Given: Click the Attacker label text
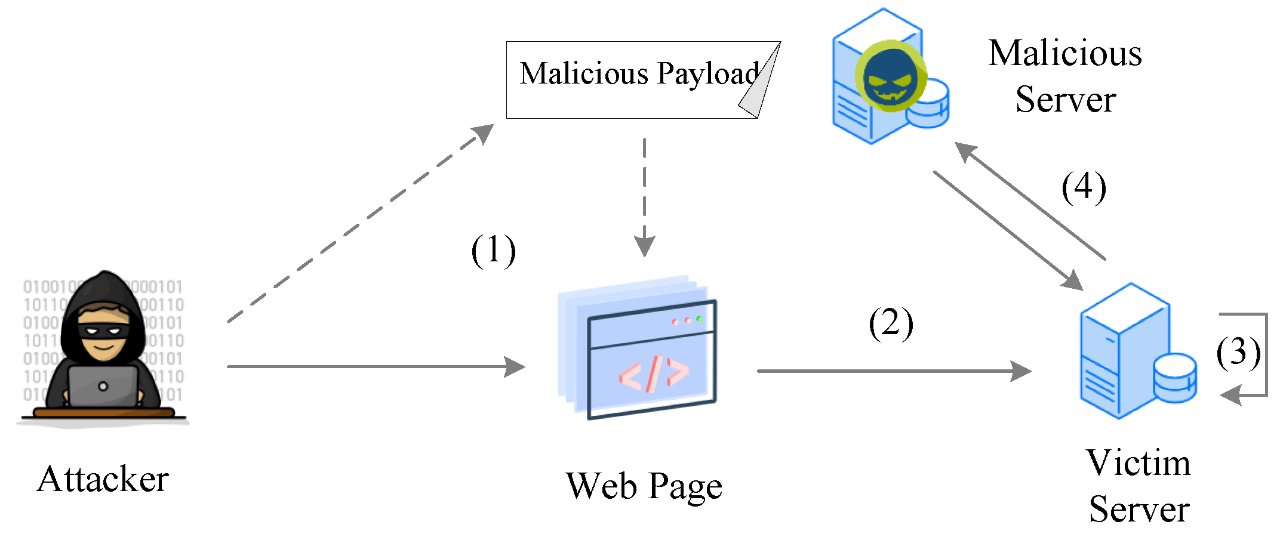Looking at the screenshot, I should pos(103,479).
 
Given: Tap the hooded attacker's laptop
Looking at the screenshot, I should pos(103,387).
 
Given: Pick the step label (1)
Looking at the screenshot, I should pos(493,251).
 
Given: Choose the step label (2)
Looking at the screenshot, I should pos(891,324).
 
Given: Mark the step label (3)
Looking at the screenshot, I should pos(1238,352).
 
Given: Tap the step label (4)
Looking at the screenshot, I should pos(1084,187).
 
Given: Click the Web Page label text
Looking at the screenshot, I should pos(644,486).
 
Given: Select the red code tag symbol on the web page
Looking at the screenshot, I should pos(654,374).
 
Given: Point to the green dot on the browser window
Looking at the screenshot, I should pos(699,319).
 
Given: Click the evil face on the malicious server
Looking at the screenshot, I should pos(890,76).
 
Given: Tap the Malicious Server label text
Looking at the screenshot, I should pos(1065,76).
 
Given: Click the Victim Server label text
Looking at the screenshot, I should pos(1139,486).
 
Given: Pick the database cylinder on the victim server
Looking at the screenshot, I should pos(1175,378).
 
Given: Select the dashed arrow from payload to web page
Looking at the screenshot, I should pos(645,197).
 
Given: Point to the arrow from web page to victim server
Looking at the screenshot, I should pos(893,371).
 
